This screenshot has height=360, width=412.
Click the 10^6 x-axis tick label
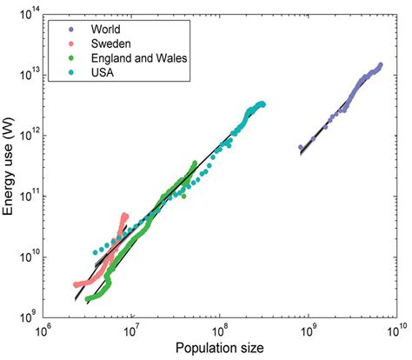pos(42,332)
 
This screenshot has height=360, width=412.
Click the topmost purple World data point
pos(380,64)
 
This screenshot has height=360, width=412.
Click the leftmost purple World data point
pos(301,148)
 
